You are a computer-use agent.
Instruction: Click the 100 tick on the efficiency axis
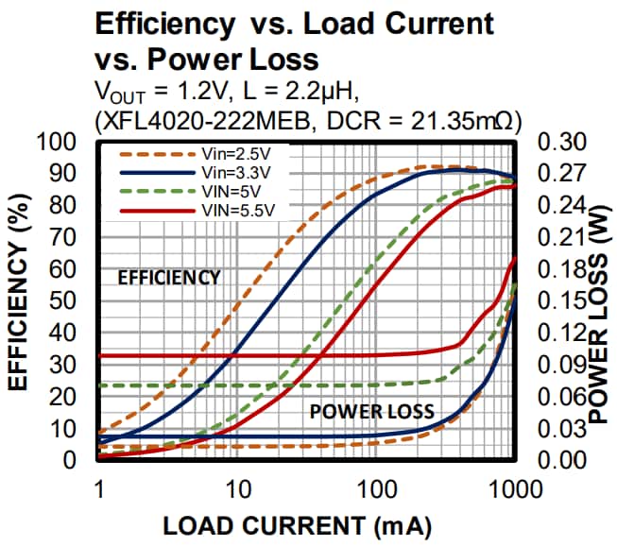click(x=61, y=143)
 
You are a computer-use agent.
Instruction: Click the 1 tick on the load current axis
click(x=98, y=489)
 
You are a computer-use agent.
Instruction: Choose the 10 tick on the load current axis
click(x=237, y=489)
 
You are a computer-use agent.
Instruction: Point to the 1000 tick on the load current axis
click(x=515, y=489)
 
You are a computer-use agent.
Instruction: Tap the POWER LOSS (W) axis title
click(x=600, y=301)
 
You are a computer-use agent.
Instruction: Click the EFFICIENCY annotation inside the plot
click(x=168, y=277)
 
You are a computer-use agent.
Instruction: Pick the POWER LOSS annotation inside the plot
click(x=371, y=411)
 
